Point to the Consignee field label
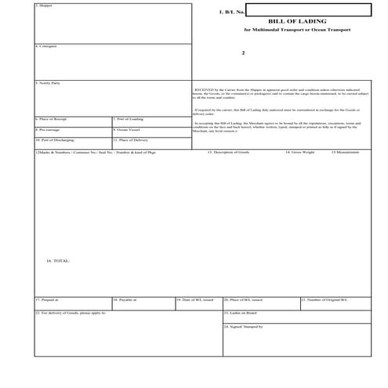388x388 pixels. (48, 46)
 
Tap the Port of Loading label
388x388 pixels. (129, 118)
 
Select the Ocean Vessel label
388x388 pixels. (127, 129)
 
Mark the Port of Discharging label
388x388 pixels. (55, 140)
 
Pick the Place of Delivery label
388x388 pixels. (130, 140)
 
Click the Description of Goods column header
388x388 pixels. (229, 152)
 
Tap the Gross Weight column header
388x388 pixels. (300, 152)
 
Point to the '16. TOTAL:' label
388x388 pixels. (58, 259)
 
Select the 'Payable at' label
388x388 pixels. (126, 299)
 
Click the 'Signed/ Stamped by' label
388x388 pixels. (244, 325)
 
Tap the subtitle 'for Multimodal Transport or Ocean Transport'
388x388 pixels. (297, 30)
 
